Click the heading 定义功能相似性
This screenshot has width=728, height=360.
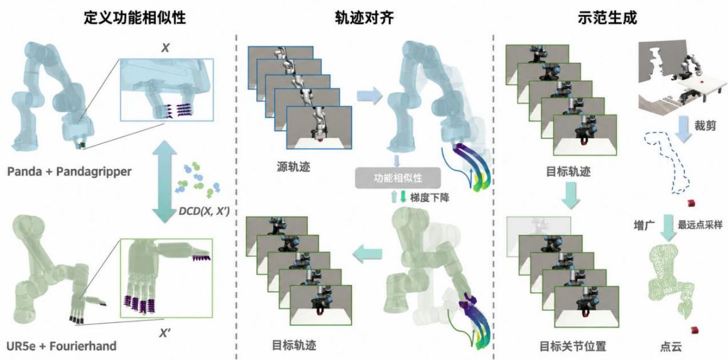tap(134, 18)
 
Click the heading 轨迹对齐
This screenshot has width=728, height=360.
tap(364, 18)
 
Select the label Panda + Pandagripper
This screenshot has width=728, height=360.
tap(69, 172)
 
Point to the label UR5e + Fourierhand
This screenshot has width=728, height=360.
tap(62, 346)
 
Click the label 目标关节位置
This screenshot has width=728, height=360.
tap(572, 346)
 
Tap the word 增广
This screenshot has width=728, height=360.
tap(643, 225)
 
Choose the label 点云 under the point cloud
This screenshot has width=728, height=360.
tap(670, 347)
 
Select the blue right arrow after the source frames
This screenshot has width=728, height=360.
tap(369, 95)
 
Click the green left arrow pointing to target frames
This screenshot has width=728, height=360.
tap(367, 254)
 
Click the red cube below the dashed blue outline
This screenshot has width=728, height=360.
tap(692, 203)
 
